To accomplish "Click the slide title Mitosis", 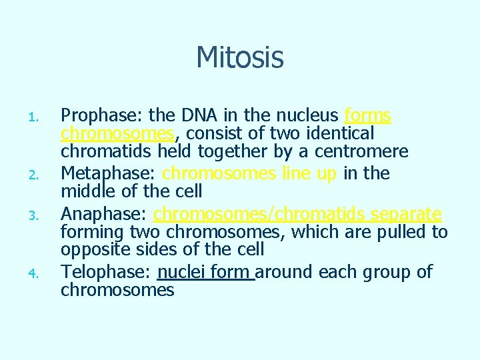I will pos(240,57).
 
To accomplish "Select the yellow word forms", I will pos(367,117).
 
